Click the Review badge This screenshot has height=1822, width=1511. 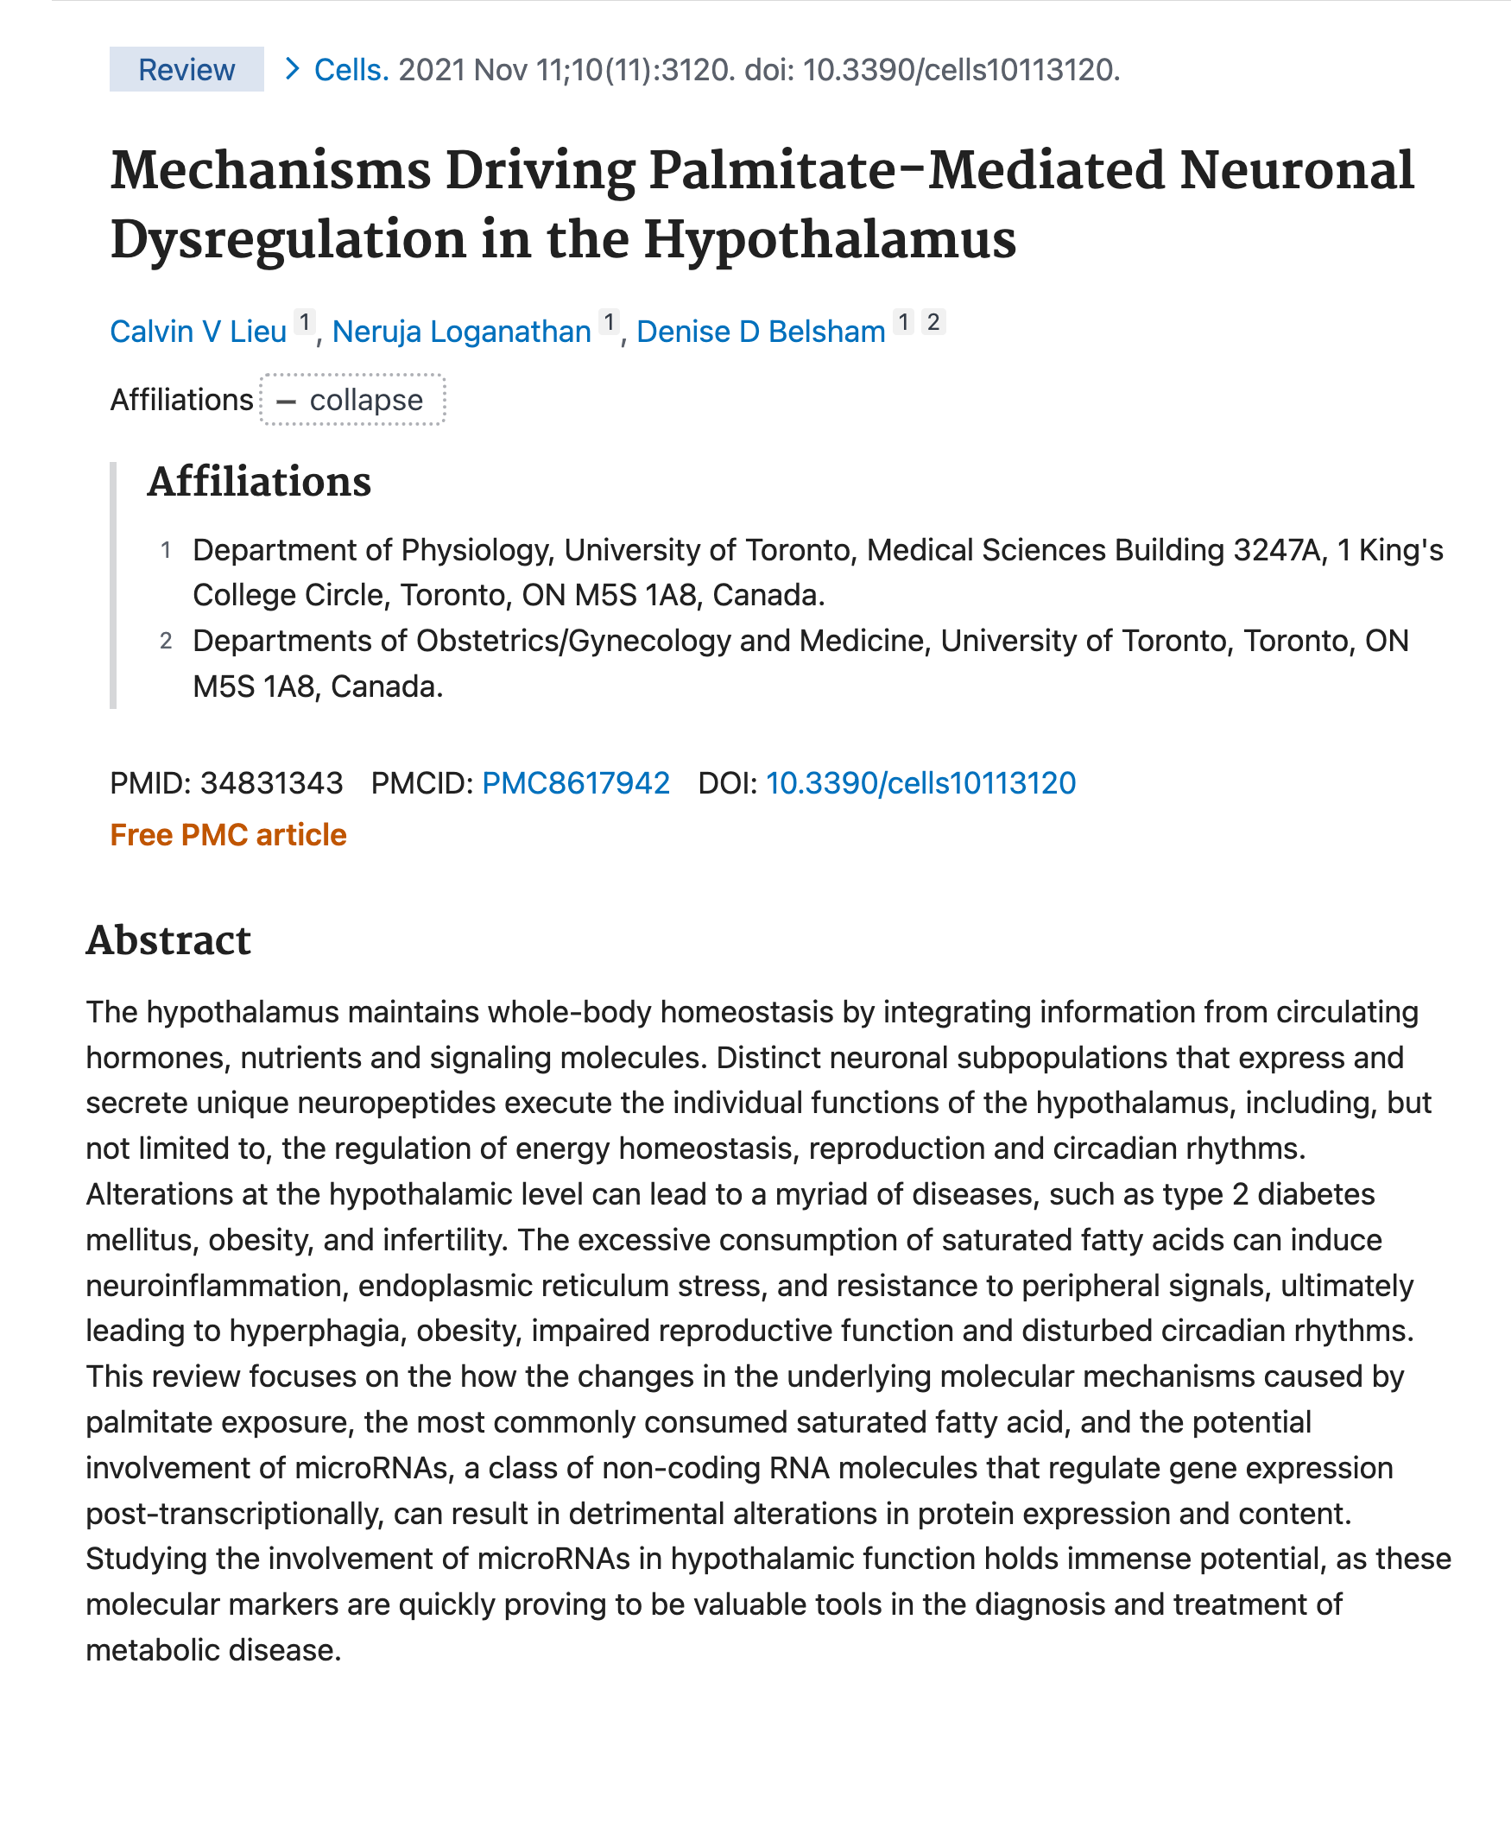(x=186, y=69)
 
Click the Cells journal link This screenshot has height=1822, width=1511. (x=351, y=69)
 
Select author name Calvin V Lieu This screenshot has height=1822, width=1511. (x=198, y=332)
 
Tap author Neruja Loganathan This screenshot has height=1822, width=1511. (x=460, y=332)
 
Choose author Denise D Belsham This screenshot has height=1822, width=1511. (x=760, y=332)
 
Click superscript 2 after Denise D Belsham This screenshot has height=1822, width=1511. (x=933, y=322)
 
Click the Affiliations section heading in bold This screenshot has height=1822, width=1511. (x=258, y=482)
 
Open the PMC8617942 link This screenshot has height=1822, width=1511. (x=575, y=782)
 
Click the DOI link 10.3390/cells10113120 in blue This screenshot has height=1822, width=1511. (x=920, y=782)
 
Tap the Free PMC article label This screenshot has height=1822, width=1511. (x=228, y=835)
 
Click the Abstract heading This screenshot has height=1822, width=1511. (x=168, y=940)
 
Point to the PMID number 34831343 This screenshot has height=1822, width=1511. (x=271, y=782)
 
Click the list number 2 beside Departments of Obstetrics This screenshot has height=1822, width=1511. (x=166, y=642)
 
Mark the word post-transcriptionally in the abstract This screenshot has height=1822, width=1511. (x=234, y=1513)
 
